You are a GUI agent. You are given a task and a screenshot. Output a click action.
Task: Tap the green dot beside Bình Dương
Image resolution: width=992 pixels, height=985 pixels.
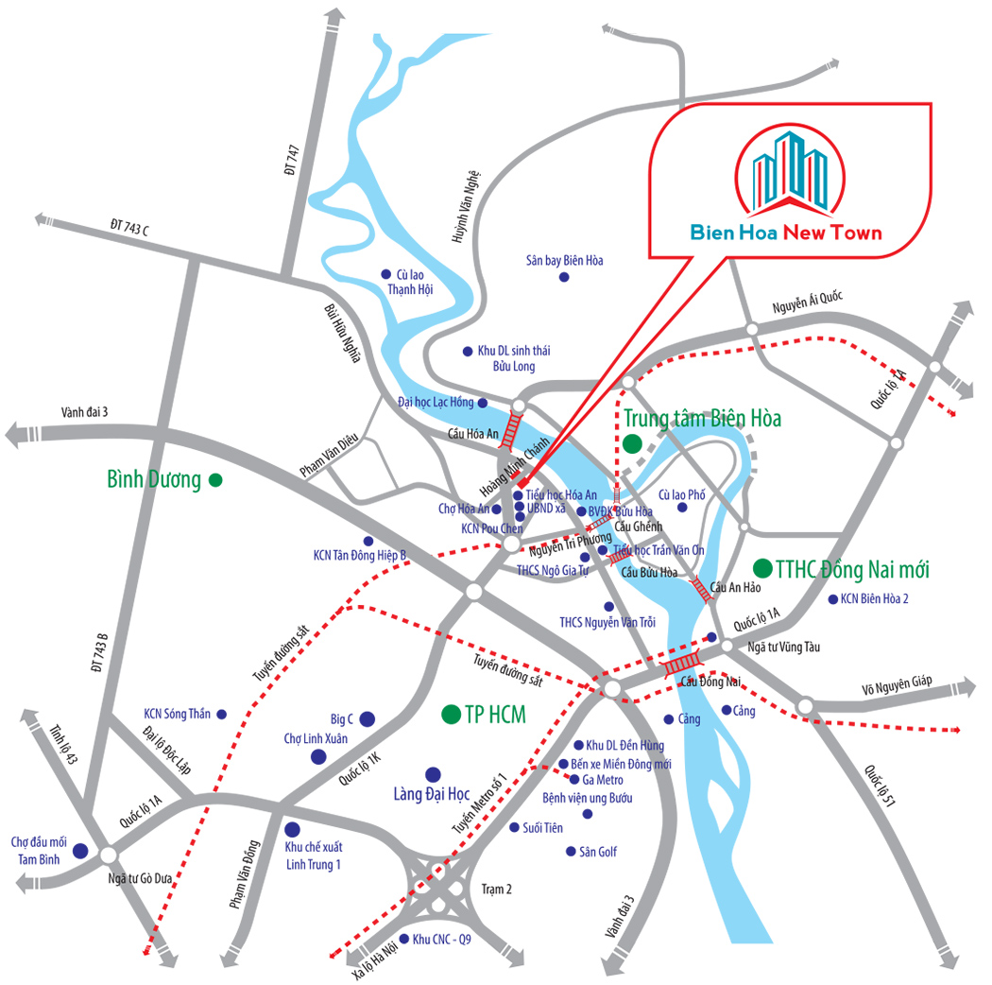pyautogui.click(x=215, y=480)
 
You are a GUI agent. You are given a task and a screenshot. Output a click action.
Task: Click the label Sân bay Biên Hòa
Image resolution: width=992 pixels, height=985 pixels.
pyautogui.click(x=564, y=260)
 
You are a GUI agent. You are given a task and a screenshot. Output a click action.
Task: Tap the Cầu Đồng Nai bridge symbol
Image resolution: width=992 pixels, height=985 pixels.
pyautogui.click(x=681, y=664)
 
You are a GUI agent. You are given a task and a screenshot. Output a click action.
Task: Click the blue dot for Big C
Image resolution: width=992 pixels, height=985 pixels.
pyautogui.click(x=367, y=718)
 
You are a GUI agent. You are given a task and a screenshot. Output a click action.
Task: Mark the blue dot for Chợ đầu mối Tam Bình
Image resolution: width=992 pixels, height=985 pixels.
pyautogui.click(x=80, y=852)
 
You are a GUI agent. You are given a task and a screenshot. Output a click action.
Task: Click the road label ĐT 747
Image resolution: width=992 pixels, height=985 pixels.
pyautogui.click(x=292, y=160)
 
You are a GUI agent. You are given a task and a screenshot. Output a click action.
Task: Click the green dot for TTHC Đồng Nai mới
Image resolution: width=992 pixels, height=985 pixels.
pyautogui.click(x=761, y=568)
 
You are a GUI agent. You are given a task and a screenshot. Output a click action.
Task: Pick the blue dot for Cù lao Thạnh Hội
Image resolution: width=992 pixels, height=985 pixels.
pyautogui.click(x=385, y=274)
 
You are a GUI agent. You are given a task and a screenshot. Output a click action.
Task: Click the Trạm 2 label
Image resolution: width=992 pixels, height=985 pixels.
pyautogui.click(x=496, y=890)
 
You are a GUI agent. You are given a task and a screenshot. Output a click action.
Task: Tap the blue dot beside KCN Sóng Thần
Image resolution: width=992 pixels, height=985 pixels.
pyautogui.click(x=222, y=714)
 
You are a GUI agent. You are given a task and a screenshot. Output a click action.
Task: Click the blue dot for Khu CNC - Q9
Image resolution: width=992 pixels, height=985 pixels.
pyautogui.click(x=403, y=940)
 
